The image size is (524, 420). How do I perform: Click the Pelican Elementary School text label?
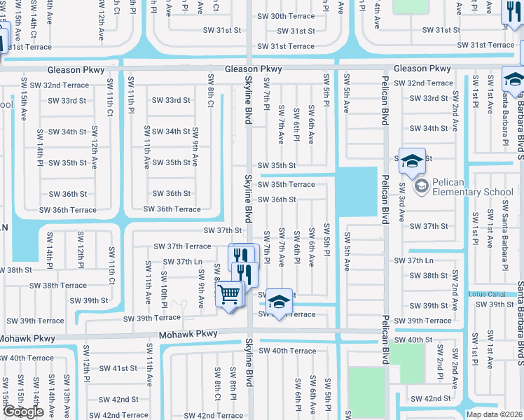point(473,187)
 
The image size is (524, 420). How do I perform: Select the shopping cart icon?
point(229,295)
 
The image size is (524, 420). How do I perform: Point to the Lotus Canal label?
point(487,293)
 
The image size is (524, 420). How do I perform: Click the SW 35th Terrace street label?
point(286,185)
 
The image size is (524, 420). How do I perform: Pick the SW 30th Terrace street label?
point(286,16)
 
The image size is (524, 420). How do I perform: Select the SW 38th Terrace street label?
point(58,286)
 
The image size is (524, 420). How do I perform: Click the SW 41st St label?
point(118,367)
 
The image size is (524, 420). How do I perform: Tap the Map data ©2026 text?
point(494,414)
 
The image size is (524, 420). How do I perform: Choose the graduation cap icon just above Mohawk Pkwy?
point(279,302)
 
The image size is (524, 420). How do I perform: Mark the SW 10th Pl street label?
point(164,295)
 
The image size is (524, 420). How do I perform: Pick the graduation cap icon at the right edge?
point(513,79)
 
